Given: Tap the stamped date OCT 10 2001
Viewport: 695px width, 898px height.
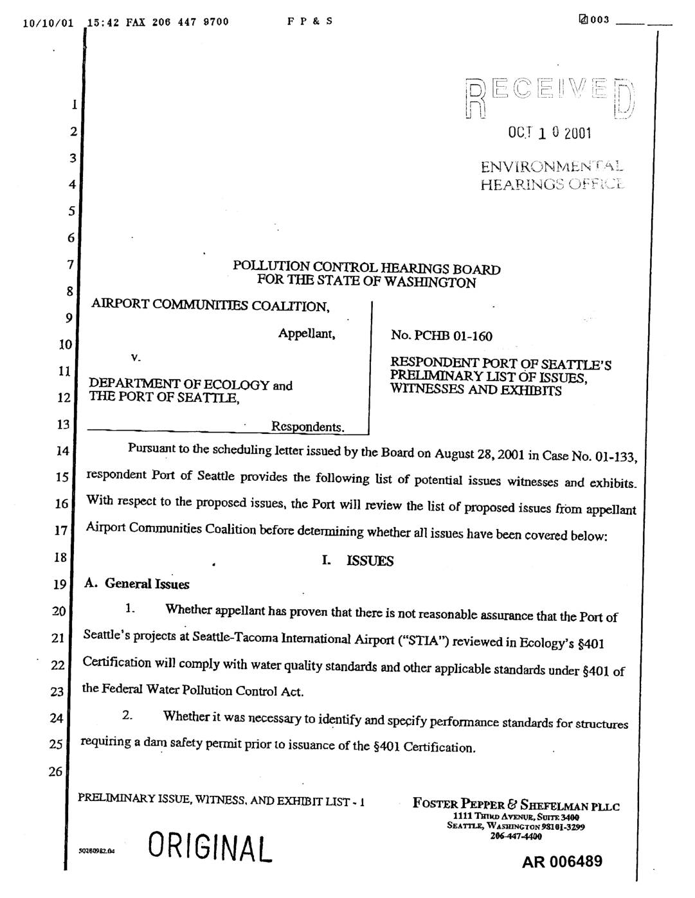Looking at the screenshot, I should point(549,133).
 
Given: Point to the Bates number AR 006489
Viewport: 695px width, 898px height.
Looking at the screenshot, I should point(562,861).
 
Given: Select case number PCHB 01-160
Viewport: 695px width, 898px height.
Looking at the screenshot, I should point(442,336).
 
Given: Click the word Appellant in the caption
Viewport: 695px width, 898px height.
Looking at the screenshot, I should point(307,334).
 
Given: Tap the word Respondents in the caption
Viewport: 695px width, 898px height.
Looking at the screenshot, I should point(308,427).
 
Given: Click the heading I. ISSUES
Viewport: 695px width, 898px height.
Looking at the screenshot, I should point(357,561).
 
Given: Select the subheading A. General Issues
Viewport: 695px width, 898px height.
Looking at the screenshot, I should point(138,584).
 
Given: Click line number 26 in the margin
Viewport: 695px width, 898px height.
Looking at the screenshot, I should point(57,771).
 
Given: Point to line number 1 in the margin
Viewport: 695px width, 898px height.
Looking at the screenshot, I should point(75,104).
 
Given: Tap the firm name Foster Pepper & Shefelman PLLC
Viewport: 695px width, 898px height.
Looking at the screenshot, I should point(516,805).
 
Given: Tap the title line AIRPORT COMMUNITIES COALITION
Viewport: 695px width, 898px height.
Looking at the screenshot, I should point(210,306).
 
